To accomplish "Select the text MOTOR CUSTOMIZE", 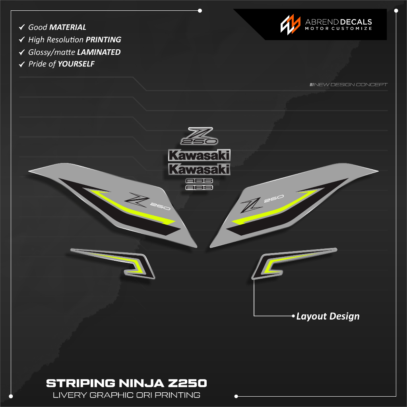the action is tap(338, 29).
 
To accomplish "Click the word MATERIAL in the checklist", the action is tap(68, 27).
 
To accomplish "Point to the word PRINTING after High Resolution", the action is tap(103, 40).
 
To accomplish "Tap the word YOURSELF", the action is tap(76, 64).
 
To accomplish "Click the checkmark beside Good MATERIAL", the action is tap(22, 27).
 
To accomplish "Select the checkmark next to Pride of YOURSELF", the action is tap(22, 64).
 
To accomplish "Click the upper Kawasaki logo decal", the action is tap(199, 155).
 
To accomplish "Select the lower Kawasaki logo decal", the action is tap(199, 169).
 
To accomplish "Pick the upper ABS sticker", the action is tap(200, 181).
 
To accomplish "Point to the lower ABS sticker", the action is tap(200, 187).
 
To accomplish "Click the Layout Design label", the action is tap(328, 316).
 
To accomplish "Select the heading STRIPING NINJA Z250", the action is tap(126, 384).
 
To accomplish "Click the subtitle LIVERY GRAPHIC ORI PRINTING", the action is tap(126, 395).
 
